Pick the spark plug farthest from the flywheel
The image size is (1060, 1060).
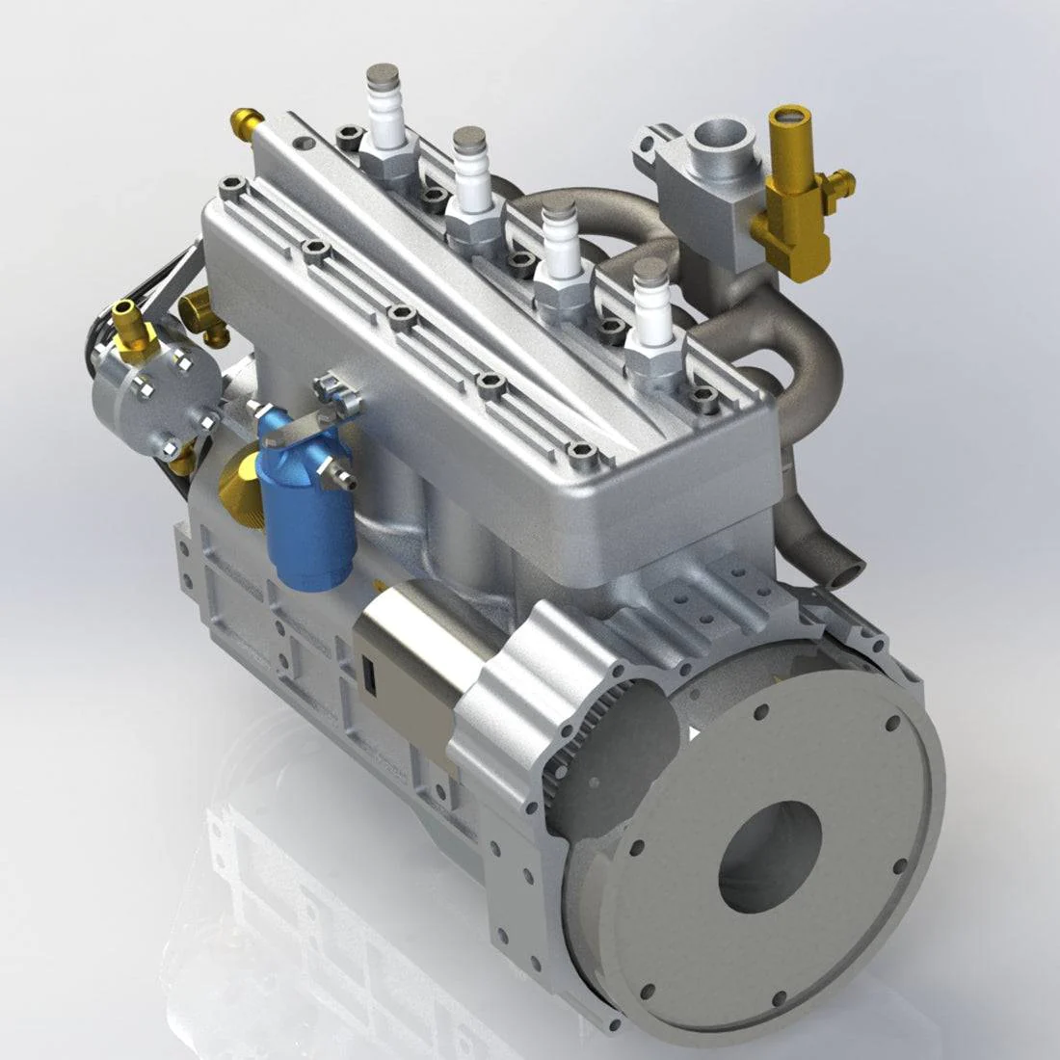[386, 111]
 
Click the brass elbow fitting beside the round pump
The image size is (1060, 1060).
[204, 313]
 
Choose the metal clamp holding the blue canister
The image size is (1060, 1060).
[308, 424]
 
